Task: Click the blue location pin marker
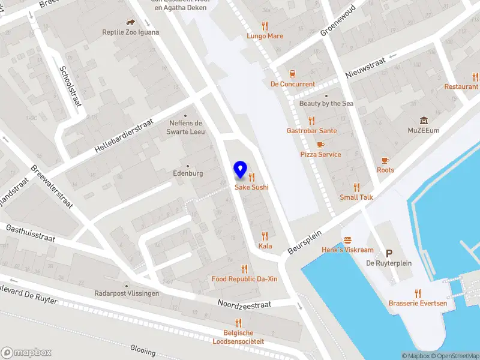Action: (241, 170)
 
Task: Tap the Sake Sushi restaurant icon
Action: (251, 177)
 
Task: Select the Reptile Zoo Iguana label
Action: (131, 32)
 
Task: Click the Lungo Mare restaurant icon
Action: (265, 26)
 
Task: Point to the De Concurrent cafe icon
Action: (292, 74)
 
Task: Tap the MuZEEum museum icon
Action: (424, 120)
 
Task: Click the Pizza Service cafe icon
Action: (320, 145)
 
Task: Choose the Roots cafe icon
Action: (385, 160)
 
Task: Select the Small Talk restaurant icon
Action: (356, 187)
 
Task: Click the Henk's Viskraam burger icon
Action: (347, 240)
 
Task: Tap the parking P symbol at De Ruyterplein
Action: (389, 253)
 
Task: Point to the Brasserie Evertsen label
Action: (418, 303)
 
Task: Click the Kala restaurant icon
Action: (265, 236)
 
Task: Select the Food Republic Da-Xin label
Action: (244, 279)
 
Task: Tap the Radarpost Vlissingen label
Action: (127, 293)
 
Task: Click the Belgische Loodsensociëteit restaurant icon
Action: (238, 323)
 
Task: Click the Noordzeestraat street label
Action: (244, 304)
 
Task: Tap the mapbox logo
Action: (26, 353)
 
